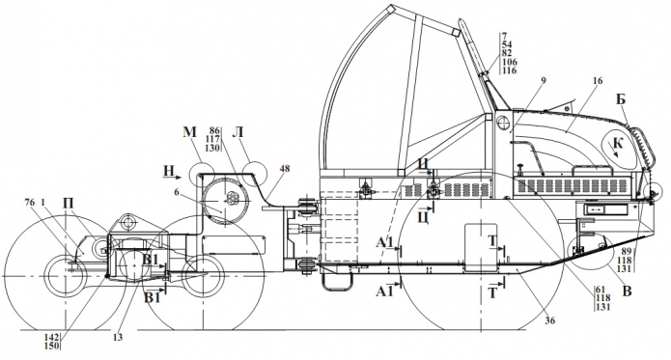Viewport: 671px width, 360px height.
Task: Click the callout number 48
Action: [x=285, y=169]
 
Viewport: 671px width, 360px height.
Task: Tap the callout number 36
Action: [x=550, y=320]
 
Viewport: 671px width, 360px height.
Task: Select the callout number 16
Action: [x=598, y=81]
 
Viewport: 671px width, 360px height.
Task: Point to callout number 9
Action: [x=544, y=80]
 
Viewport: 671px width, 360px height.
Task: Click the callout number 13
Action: [x=118, y=338]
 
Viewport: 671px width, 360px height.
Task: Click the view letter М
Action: [x=189, y=132]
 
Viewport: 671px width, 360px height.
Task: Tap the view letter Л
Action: [x=238, y=132]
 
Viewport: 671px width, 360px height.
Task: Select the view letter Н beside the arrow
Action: [x=169, y=172]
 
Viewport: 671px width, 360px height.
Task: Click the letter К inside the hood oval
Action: [x=618, y=143]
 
